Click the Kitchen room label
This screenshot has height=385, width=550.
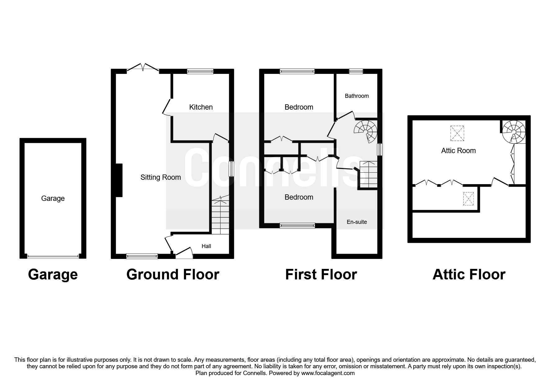pyautogui.click(x=201, y=107)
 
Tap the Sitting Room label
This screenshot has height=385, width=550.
pyautogui.click(x=161, y=177)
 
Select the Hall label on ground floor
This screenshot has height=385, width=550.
pyautogui.click(x=206, y=246)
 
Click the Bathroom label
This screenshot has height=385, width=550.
pyautogui.click(x=357, y=96)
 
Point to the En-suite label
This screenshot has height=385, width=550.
pyautogui.click(x=357, y=222)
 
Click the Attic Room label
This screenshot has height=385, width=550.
pyautogui.click(x=458, y=151)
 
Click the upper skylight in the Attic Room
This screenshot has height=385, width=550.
pyautogui.click(x=457, y=133)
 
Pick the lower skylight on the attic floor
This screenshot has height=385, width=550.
pyautogui.click(x=468, y=199)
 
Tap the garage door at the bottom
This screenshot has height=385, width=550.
pyautogui.click(x=53, y=256)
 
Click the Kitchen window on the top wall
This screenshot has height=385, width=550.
pyautogui.click(x=200, y=71)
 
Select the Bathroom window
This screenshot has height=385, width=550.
pyautogui.click(x=356, y=71)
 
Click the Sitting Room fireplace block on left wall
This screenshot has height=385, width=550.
pyautogui.click(x=119, y=180)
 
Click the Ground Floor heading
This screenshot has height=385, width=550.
pyautogui.click(x=173, y=274)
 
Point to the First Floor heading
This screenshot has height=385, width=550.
pyautogui.click(x=321, y=274)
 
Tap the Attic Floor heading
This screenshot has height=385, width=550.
pyautogui.click(x=469, y=274)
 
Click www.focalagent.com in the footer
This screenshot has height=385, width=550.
pyautogui.click(x=328, y=373)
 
